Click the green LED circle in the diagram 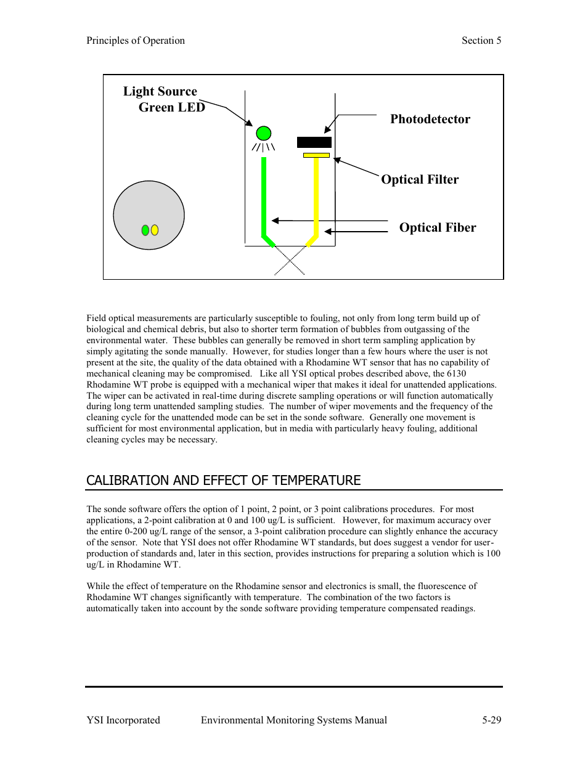(263, 133)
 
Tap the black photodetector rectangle (314, 142)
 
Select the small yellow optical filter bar (316, 155)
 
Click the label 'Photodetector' (430, 119)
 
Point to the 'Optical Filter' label (420, 179)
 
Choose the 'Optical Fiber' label (438, 227)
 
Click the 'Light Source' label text (160, 91)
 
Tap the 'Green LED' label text (171, 107)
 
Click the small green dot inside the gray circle (145, 230)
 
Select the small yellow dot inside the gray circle (155, 230)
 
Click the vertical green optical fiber (264, 194)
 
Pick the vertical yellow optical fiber (316, 194)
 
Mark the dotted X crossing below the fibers (290, 260)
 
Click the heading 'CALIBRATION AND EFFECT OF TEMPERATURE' (223, 481)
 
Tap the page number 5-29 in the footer (491, 720)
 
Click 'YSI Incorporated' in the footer (123, 720)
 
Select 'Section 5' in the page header (481, 41)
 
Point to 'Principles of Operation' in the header (136, 41)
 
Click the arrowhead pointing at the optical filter (337, 160)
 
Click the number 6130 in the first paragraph (456, 373)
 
